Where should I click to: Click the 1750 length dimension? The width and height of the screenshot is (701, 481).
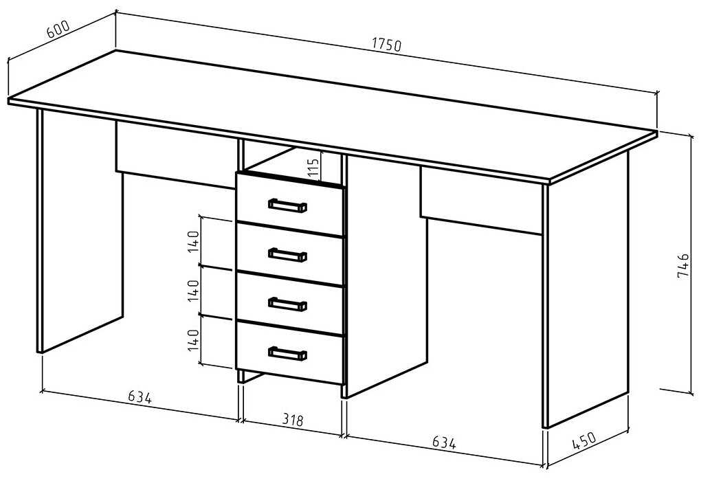(386, 45)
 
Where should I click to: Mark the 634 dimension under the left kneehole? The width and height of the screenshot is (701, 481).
(139, 396)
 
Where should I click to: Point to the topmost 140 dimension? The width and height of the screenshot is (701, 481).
(194, 242)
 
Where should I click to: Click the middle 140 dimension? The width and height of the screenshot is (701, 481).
(194, 291)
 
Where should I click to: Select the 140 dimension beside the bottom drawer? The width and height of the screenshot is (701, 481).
(194, 340)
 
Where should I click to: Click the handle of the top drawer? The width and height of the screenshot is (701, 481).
(287, 205)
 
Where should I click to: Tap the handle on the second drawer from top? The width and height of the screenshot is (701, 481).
(287, 254)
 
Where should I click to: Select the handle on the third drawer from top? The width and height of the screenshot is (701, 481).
(287, 303)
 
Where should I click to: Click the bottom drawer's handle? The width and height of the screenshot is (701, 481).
(287, 353)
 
